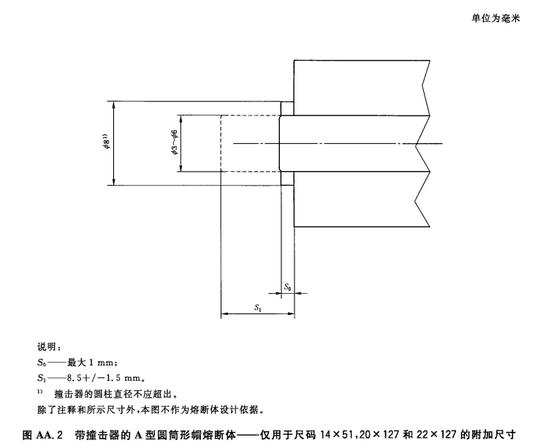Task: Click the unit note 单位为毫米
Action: (494, 19)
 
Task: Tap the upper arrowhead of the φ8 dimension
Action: (114, 105)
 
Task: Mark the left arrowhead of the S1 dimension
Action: (224, 315)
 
